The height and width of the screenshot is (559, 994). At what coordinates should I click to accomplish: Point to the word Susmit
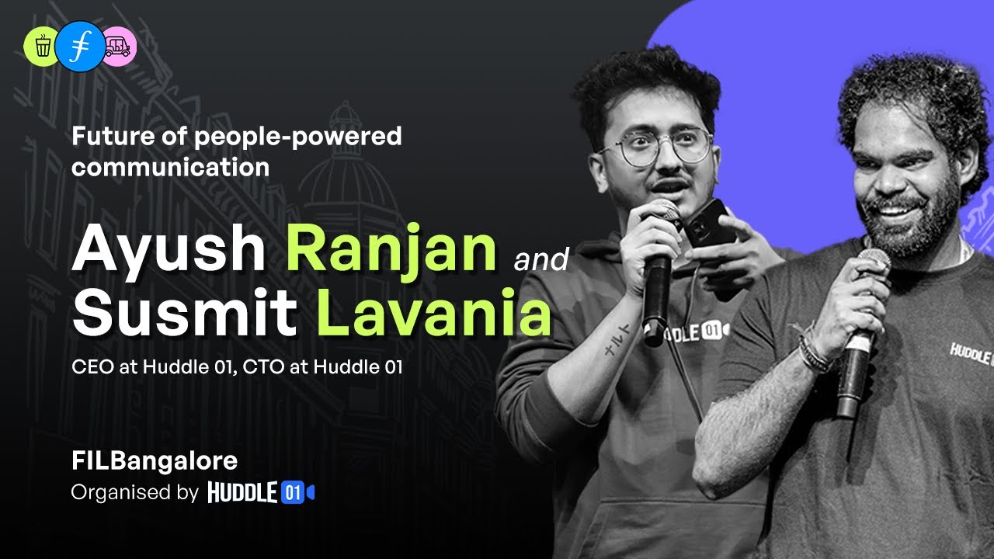(184, 313)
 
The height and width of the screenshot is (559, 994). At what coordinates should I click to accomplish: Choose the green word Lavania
(435, 313)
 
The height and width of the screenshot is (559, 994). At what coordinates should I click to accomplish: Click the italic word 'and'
(540, 259)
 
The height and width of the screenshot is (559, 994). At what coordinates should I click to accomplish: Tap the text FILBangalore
(154, 460)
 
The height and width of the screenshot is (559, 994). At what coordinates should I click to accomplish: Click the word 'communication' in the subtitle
(170, 167)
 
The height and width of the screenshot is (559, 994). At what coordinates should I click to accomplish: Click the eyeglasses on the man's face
(663, 146)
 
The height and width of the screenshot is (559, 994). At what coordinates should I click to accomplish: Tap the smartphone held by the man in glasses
(708, 221)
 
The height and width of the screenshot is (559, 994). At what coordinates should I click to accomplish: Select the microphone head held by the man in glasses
(660, 214)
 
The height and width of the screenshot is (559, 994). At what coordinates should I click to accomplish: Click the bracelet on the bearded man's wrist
(814, 353)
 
